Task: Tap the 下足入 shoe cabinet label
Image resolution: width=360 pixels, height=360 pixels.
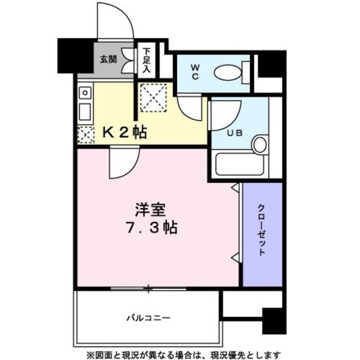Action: (146, 60)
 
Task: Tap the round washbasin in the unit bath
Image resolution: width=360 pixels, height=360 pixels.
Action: (259, 145)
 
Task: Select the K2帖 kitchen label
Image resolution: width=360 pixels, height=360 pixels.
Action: (124, 133)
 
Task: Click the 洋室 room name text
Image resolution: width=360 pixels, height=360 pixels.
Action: (149, 210)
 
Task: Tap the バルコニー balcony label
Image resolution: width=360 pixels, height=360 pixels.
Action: (148, 318)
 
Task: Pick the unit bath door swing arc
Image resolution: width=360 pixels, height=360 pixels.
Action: (227, 115)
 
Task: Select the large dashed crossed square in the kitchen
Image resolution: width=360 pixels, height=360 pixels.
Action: (154, 97)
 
